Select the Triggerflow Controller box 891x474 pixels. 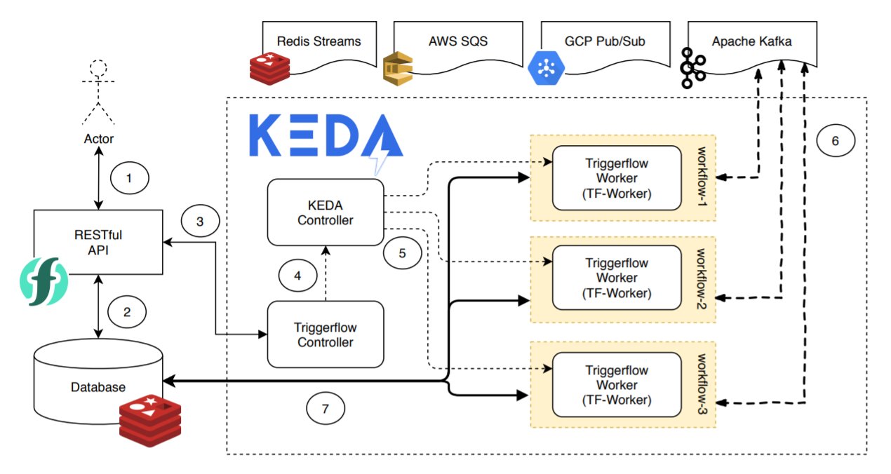(x=326, y=334)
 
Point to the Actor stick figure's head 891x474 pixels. (x=99, y=69)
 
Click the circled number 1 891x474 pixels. (x=128, y=178)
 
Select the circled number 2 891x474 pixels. (x=126, y=313)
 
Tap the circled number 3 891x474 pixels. (x=200, y=222)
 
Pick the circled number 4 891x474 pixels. (x=297, y=276)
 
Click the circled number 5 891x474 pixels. (x=402, y=253)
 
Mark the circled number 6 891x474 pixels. (x=835, y=140)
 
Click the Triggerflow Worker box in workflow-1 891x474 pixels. (x=616, y=178)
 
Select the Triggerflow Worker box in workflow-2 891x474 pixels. (x=616, y=278)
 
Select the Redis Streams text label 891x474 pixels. (x=319, y=41)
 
